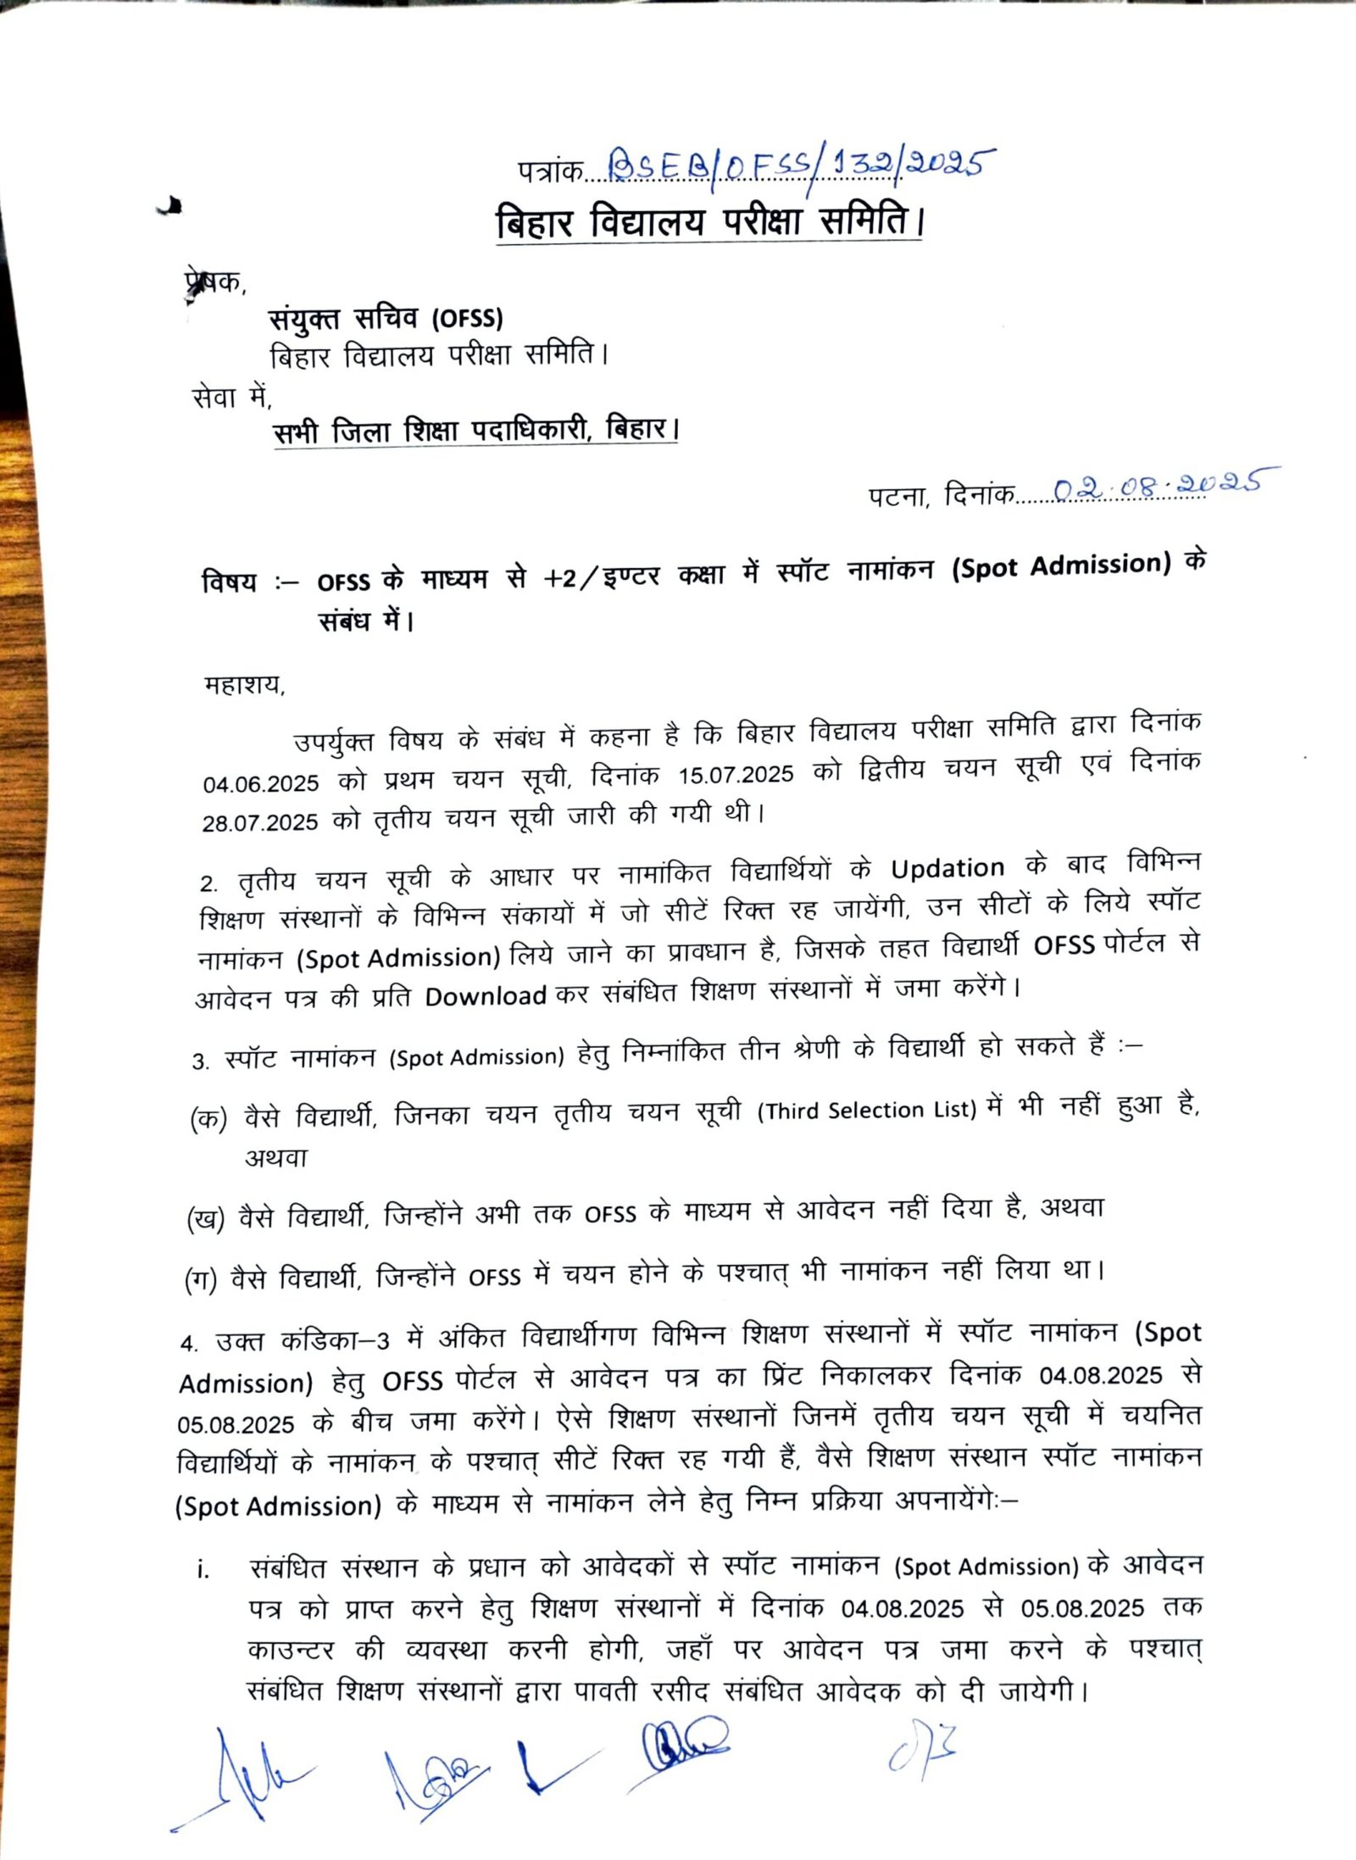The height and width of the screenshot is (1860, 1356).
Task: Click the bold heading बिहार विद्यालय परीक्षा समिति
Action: click(709, 222)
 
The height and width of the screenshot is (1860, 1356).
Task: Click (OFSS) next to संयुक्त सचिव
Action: click(467, 319)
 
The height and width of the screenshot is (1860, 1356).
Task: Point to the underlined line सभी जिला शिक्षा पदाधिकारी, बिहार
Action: click(475, 431)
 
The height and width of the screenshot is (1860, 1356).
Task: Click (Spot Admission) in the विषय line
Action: click(1061, 566)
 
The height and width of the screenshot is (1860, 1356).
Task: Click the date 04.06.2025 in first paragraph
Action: click(261, 783)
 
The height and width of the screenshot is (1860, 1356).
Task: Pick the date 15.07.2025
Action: click(736, 774)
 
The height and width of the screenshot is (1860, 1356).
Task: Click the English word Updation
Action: click(947, 868)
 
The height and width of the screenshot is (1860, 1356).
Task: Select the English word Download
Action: click(485, 996)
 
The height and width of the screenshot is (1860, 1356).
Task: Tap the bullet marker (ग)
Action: click(202, 1280)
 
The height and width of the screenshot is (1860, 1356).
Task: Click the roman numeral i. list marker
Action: click(203, 1570)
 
